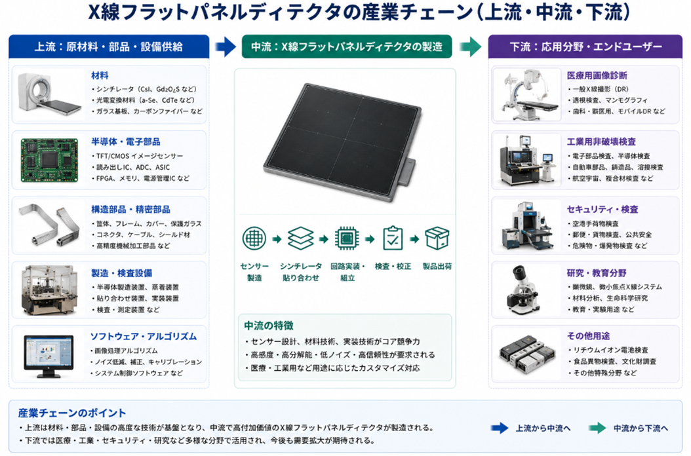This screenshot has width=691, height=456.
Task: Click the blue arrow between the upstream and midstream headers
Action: pyautogui.click(x=226, y=47)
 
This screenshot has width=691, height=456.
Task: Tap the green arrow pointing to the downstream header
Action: pyautogui.click(x=471, y=47)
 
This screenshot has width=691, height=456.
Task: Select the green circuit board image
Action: pyautogui.click(x=49, y=161)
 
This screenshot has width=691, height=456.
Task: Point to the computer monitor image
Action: pyautogui.click(x=49, y=356)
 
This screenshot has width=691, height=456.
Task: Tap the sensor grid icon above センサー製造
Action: pyautogui.click(x=254, y=238)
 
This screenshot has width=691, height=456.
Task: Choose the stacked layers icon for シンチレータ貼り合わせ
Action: pyautogui.click(x=300, y=238)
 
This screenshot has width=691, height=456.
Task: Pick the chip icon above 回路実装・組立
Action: pyautogui.click(x=347, y=238)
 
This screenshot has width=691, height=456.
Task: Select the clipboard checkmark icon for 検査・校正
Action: pyautogui.click(x=393, y=238)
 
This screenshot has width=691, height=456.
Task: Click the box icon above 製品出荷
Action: pyautogui.click(x=437, y=238)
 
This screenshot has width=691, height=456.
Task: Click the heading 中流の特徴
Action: pyautogui.click(x=269, y=326)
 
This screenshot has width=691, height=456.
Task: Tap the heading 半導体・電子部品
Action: pyautogui.click(x=126, y=142)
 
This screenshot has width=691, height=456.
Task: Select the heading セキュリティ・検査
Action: pyautogui.click(x=602, y=209)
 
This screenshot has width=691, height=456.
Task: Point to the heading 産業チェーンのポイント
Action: pyautogui.click(x=72, y=413)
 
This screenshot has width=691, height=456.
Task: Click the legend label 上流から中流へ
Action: pyautogui.click(x=543, y=428)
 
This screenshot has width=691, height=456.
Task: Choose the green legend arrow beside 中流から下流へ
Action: pyautogui.click(x=597, y=428)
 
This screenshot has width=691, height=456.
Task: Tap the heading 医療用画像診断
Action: pyautogui.click(x=597, y=76)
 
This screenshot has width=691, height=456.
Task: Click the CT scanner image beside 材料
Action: pyautogui.click(x=49, y=94)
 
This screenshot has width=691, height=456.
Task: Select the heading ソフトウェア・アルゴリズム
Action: pyautogui.click(x=144, y=337)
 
